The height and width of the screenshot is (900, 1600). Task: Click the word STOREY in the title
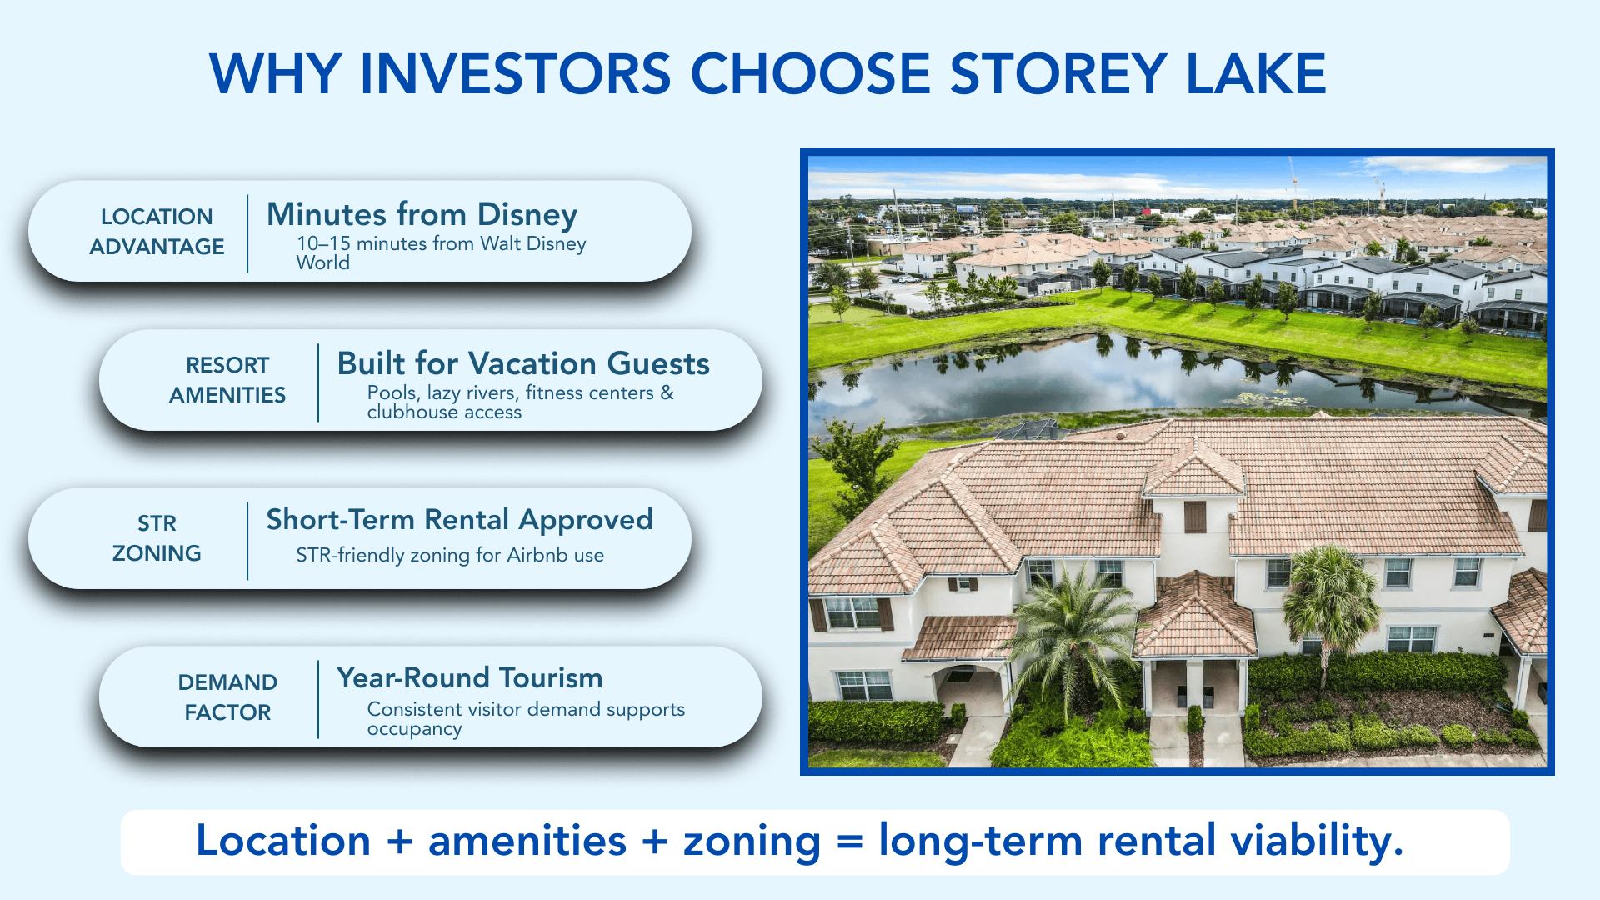click(x=1058, y=73)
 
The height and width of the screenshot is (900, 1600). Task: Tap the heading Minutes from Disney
click(x=422, y=215)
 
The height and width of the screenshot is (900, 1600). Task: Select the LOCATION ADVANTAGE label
click(x=157, y=232)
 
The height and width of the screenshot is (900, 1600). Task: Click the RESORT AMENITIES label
click(x=227, y=380)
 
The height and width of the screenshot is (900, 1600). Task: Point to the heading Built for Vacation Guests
click(x=523, y=364)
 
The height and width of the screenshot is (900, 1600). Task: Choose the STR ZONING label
click(x=157, y=538)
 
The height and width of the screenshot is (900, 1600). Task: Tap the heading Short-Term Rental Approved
click(x=459, y=520)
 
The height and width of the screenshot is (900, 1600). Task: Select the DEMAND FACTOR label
click(x=227, y=697)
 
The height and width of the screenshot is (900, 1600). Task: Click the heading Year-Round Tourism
click(x=469, y=678)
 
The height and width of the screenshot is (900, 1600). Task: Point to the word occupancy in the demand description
click(x=414, y=729)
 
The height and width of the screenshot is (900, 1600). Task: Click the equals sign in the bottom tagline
click(x=849, y=842)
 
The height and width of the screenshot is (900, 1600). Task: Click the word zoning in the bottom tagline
click(x=752, y=842)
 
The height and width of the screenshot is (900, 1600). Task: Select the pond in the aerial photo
click(x=1083, y=379)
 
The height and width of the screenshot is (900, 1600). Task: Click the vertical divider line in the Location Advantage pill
click(x=247, y=233)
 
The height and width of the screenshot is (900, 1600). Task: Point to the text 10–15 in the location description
click(x=323, y=244)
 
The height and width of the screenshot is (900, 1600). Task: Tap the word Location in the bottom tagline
click(x=282, y=842)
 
